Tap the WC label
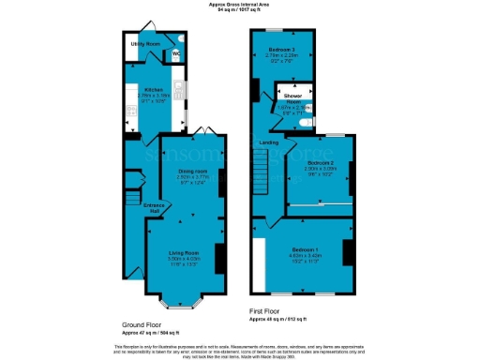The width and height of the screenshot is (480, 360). click(x=174, y=53)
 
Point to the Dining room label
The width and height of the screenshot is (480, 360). click(x=192, y=172)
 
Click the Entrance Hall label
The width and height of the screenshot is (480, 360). click(x=153, y=208)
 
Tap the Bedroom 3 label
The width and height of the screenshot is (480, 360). click(x=282, y=48)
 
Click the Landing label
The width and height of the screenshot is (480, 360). click(x=268, y=142)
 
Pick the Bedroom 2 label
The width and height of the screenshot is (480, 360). click(x=321, y=162)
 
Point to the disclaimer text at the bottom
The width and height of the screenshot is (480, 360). click(x=240, y=350)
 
